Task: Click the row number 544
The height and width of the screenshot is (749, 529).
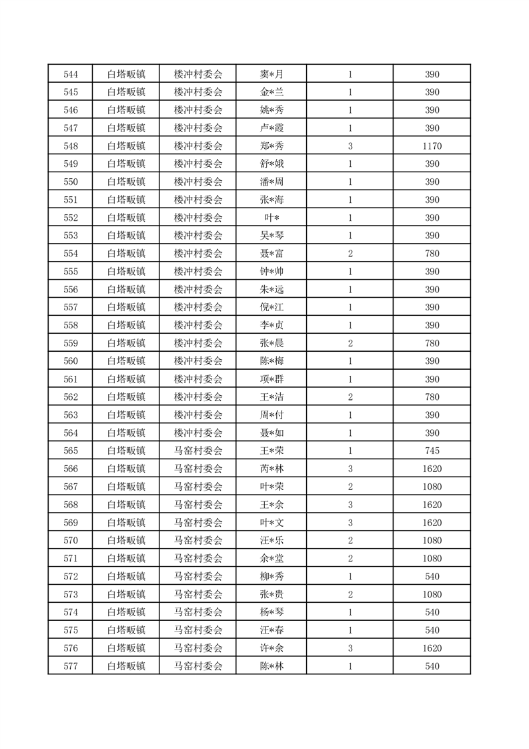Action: (70, 74)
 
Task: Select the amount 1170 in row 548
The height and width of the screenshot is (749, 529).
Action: (432, 146)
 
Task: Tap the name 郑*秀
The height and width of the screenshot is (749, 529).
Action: (272, 146)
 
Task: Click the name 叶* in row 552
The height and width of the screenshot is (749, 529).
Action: (272, 218)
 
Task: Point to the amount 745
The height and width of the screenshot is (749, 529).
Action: (432, 451)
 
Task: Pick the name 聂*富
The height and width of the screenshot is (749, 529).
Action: (272, 254)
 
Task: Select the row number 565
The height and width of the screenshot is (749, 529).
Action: (70, 451)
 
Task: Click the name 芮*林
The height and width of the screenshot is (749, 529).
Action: (272, 469)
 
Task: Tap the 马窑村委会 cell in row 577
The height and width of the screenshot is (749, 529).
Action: (197, 666)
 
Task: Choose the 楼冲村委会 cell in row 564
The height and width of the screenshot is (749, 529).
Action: (197, 433)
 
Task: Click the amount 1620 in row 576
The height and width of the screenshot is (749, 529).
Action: (432, 648)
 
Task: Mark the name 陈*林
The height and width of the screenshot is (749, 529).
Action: (272, 666)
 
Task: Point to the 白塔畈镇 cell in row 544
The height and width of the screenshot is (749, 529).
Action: (126, 74)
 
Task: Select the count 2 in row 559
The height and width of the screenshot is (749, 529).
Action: (350, 343)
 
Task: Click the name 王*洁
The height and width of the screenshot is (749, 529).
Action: (272, 397)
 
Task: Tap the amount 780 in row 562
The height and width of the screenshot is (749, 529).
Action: (432, 397)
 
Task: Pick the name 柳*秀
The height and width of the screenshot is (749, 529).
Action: (272, 576)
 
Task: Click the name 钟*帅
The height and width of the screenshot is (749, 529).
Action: (272, 272)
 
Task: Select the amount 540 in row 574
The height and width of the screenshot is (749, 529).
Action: (432, 612)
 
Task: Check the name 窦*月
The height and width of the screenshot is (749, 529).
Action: (272, 74)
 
